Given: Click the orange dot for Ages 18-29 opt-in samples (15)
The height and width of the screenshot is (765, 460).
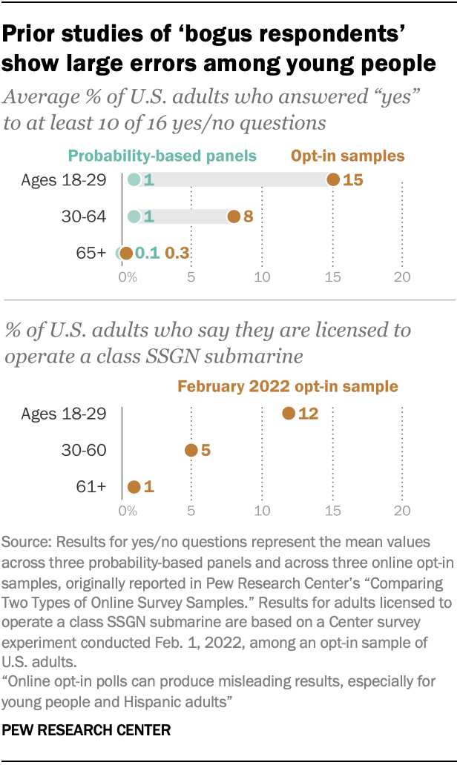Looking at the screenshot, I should coord(333,179).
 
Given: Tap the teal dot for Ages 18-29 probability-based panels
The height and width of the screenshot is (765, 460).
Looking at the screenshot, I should coord(134,179).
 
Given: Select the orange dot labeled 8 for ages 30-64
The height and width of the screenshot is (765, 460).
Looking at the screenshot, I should coord(234,216).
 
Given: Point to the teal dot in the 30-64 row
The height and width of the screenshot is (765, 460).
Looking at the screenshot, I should coord(134,216).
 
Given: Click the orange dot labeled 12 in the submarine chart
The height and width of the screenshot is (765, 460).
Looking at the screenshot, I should coord(289,413).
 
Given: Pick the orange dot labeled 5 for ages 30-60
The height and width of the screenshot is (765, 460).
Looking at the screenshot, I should coord(191,450).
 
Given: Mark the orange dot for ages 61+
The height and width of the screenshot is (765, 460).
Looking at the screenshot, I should coord(134,487).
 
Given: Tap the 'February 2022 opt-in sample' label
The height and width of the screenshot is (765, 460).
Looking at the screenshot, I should coord(287,386).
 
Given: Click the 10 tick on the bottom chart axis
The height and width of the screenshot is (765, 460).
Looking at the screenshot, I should coord(261,511).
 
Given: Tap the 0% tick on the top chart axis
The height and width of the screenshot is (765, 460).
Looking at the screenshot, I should coord(128,278).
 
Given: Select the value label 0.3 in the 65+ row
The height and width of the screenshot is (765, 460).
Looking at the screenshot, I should coord(177,254).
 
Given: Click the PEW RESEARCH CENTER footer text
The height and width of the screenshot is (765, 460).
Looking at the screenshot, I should coord(88,731).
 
